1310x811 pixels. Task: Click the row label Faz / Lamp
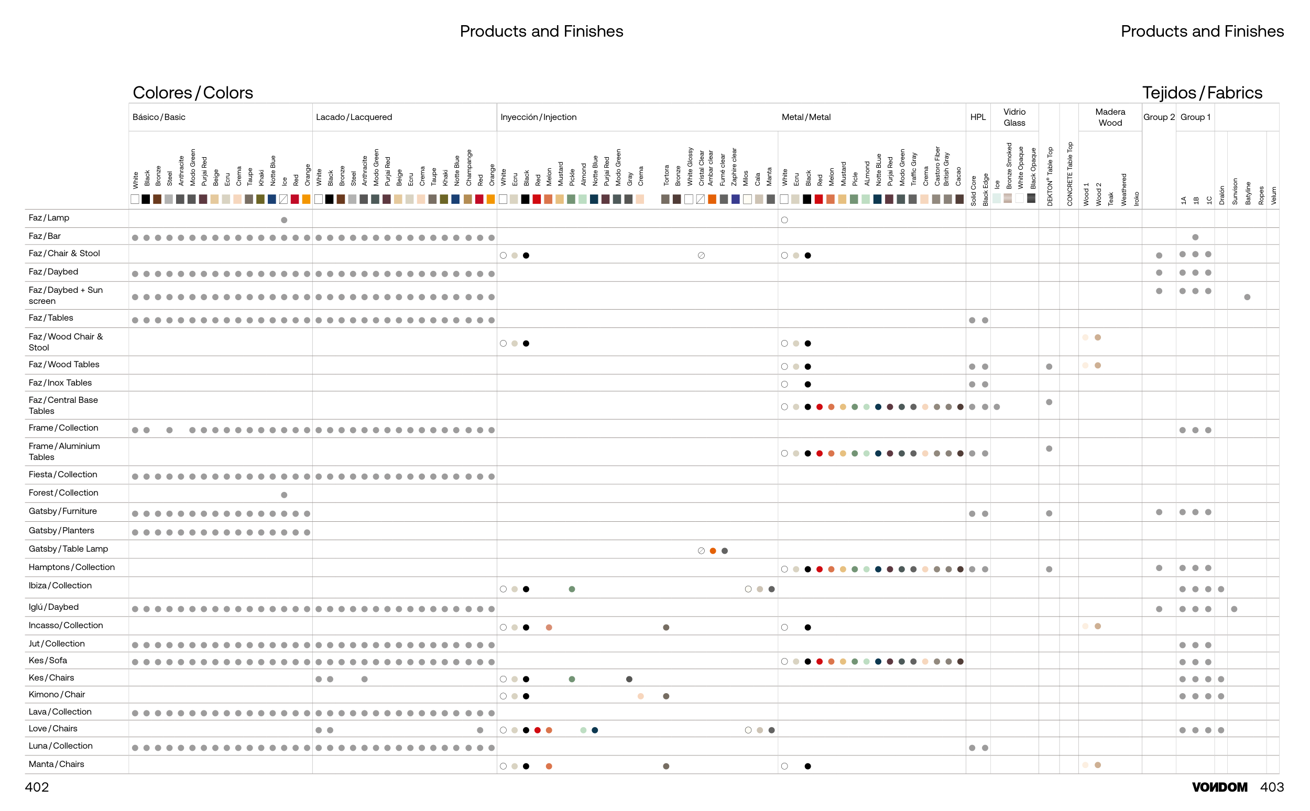point(49,218)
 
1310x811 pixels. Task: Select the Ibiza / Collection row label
point(60,586)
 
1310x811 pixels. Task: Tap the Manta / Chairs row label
point(56,764)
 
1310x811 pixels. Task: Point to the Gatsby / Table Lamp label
point(68,549)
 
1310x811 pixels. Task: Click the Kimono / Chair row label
point(57,695)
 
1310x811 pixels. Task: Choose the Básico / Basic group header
point(159,117)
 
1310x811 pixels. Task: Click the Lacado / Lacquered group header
point(354,117)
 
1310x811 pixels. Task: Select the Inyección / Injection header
point(538,117)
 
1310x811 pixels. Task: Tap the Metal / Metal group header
point(806,117)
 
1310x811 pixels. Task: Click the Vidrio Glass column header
point(1014,117)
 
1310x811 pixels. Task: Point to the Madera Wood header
point(1110,117)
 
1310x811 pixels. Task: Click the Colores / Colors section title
point(193,93)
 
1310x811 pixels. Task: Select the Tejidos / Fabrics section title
point(1202,93)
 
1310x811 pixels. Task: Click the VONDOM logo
point(1219,787)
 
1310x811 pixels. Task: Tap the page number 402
point(37,787)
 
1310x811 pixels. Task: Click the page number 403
point(1271,787)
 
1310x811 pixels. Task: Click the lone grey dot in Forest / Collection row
point(285,495)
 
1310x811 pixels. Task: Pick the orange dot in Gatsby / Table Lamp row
point(713,551)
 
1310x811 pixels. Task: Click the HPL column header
point(977,117)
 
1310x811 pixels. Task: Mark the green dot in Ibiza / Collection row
point(572,589)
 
